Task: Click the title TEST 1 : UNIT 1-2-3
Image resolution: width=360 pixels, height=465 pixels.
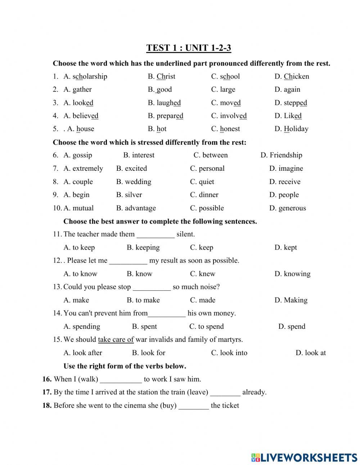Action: point(189,48)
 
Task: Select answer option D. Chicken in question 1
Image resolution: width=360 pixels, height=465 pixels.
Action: point(292,76)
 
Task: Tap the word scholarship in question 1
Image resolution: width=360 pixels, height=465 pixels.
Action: point(90,76)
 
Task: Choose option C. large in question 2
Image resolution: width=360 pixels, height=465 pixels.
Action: point(223,89)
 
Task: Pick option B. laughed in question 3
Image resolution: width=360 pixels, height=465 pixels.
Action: point(164,103)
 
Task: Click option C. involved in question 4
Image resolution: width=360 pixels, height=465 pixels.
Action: point(229,116)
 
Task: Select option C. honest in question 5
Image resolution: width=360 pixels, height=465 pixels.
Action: point(225,129)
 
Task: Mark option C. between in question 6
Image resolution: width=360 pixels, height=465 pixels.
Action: point(211,155)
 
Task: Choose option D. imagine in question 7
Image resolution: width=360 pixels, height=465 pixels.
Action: point(286,168)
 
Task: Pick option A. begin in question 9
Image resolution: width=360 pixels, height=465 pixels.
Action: point(76,195)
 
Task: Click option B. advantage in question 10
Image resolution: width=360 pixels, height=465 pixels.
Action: point(136,208)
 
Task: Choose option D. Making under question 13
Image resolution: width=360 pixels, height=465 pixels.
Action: point(291,300)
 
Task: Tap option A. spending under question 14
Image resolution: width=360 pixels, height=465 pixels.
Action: point(82,326)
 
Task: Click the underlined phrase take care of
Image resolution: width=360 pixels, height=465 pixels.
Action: point(116,339)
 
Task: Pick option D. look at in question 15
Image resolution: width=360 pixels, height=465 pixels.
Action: point(310,353)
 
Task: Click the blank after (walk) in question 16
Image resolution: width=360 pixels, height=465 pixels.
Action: point(121,380)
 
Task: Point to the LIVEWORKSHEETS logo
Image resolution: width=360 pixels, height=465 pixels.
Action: point(304,457)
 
